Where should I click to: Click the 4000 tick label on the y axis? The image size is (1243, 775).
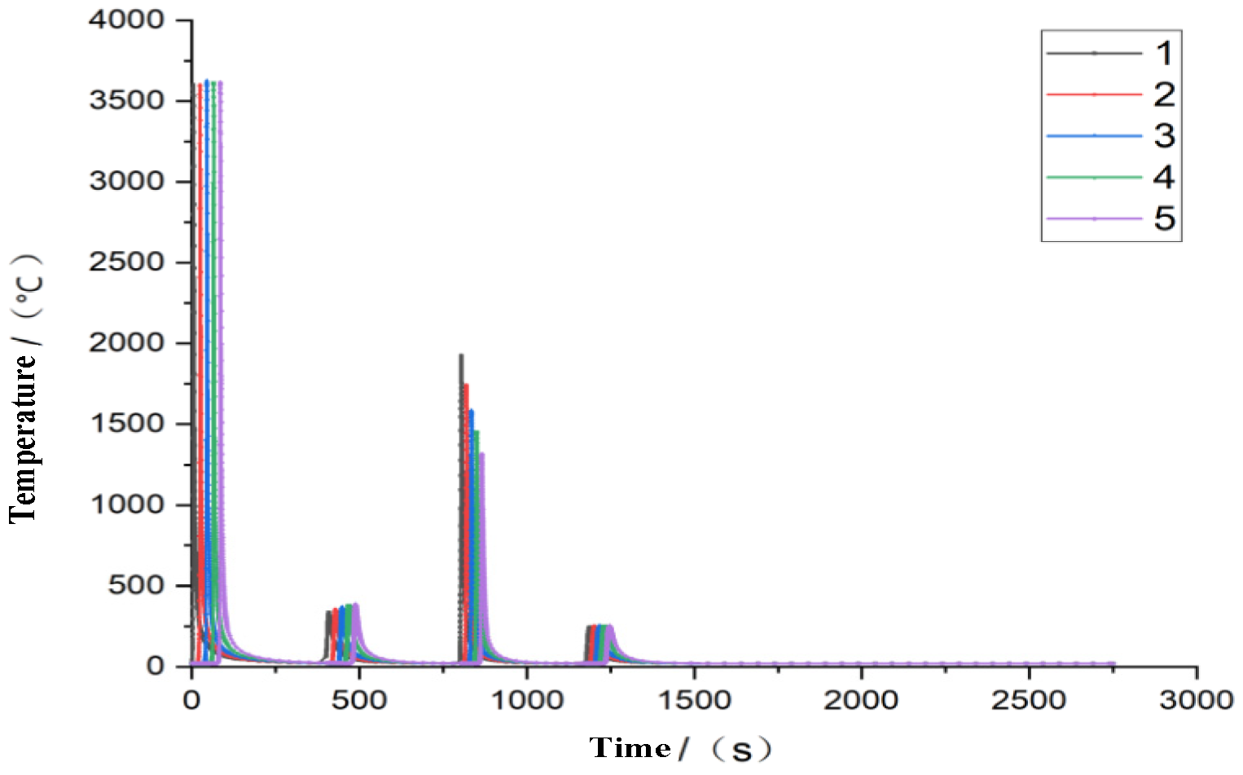(x=126, y=20)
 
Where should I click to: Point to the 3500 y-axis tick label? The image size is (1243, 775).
(x=126, y=100)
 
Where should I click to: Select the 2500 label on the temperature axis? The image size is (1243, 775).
(x=126, y=262)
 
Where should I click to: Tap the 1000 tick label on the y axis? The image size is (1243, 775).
(x=126, y=504)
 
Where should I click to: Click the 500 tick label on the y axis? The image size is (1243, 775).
(x=136, y=585)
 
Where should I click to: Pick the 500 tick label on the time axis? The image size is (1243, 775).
(x=358, y=700)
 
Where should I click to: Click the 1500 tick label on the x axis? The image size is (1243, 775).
(x=694, y=700)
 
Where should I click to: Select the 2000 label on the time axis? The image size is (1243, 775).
(x=861, y=700)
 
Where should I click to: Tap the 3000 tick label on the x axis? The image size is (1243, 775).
(x=1196, y=700)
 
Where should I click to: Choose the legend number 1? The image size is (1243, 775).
(x=1164, y=54)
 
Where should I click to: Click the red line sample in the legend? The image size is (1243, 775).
(x=1094, y=95)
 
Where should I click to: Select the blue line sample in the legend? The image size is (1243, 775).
(x=1094, y=135)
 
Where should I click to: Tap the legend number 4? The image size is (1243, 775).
(x=1164, y=177)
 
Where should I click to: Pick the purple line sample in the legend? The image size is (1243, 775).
(x=1094, y=218)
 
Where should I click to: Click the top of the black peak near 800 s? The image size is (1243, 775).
(x=461, y=355)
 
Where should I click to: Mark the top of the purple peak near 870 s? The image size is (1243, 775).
(x=481, y=455)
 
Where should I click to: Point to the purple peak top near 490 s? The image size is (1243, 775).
(x=356, y=605)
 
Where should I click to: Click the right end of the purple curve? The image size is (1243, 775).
(x=1113, y=663)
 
